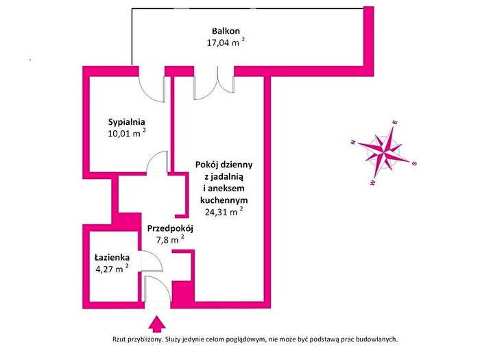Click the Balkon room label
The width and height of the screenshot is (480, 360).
pyautogui.click(x=226, y=31)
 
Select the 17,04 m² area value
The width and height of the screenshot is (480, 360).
pyautogui.click(x=226, y=42)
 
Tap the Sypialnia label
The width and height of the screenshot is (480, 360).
pyautogui.click(x=126, y=122)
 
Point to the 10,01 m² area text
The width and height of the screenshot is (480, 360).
pyautogui.click(x=127, y=133)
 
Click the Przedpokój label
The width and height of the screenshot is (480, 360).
pyautogui.click(x=170, y=228)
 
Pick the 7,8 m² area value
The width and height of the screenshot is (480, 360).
pyautogui.click(x=170, y=239)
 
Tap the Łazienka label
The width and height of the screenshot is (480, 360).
pyautogui.click(x=112, y=258)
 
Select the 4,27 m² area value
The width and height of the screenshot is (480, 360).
pyautogui.click(x=112, y=269)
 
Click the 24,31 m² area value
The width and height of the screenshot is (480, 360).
pyautogui.click(x=224, y=211)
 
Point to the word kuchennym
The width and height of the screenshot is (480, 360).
pyautogui.click(x=224, y=200)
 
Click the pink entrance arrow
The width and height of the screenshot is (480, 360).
pyautogui.click(x=157, y=324)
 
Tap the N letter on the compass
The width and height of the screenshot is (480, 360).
pyautogui.click(x=353, y=142)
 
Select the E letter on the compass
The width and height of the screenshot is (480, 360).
pyautogui.click(x=395, y=123)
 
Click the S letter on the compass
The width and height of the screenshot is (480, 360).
pyautogui.click(x=414, y=163)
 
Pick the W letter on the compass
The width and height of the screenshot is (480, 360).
pyautogui.click(x=372, y=183)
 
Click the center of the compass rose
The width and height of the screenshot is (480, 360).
pyautogui.click(x=384, y=152)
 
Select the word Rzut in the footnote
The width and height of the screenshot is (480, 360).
pyautogui.click(x=119, y=339)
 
